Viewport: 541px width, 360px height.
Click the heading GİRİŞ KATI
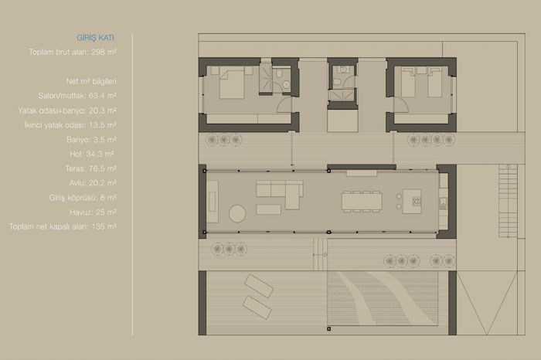95,38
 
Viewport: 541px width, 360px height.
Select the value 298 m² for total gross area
104,52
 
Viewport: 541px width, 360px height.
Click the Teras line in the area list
90,168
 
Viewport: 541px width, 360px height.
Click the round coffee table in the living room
237,213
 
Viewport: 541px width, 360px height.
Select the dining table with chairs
362,201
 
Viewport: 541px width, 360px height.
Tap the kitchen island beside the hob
412,201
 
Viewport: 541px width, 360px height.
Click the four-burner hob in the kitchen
417,201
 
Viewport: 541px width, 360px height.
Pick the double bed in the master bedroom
232,83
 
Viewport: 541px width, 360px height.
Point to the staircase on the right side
508,201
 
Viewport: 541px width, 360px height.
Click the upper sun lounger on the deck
259,286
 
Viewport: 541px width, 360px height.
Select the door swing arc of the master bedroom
284,104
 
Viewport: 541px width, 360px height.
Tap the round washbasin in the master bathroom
286,84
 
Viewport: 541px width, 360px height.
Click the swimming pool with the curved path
383,298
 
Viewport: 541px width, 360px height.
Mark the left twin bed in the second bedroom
408,83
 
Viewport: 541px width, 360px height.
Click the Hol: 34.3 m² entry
92,155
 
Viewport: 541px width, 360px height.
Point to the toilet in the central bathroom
338,82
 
